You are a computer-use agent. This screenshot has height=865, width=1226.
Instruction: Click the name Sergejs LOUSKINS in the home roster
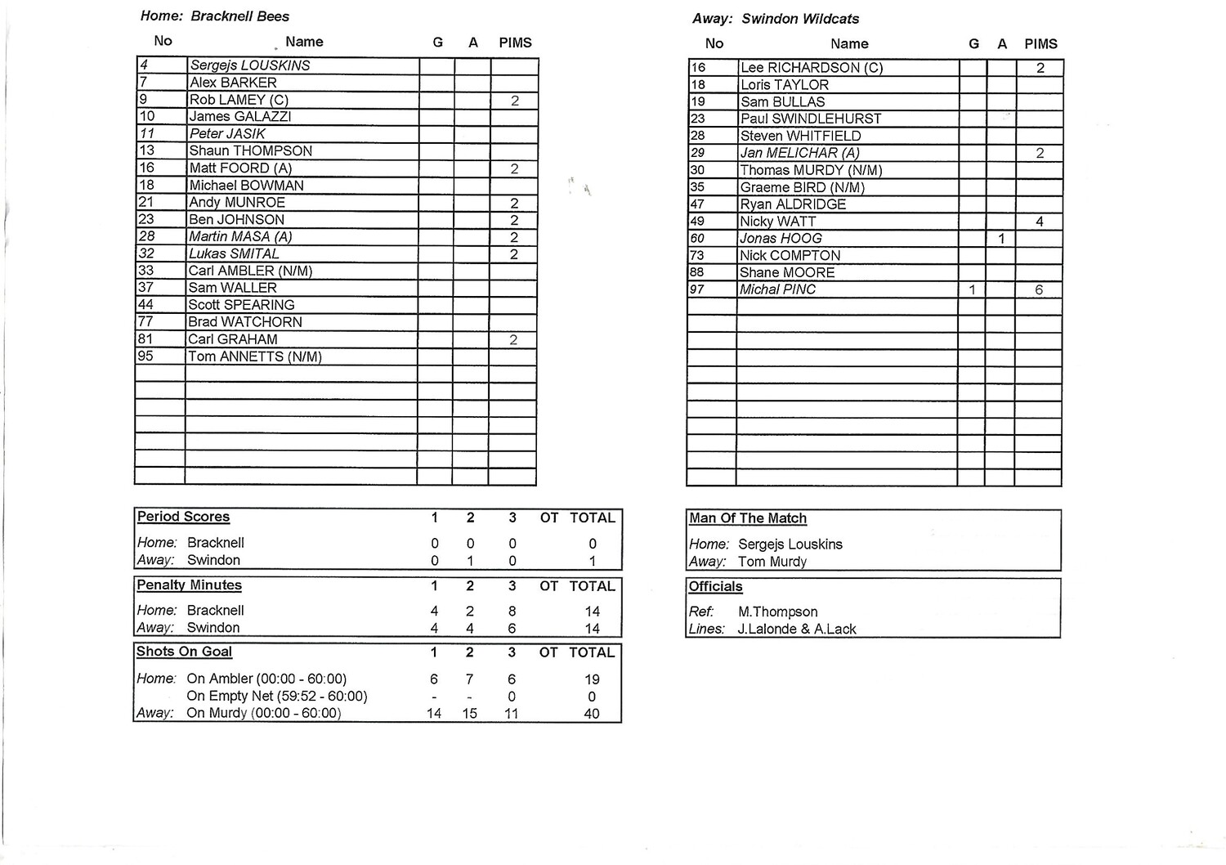(x=249, y=65)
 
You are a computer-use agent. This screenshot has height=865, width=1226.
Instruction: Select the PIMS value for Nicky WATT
(x=1039, y=222)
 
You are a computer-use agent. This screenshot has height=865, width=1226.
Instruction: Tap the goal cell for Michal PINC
(x=972, y=289)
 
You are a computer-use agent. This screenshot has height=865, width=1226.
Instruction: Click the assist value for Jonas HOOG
(x=1001, y=239)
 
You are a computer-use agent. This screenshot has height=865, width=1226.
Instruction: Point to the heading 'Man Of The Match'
(x=747, y=518)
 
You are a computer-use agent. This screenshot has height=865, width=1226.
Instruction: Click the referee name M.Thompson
(x=777, y=612)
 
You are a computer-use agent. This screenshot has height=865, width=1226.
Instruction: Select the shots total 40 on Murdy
(x=592, y=714)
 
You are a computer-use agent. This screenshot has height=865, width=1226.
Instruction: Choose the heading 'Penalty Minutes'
(x=189, y=585)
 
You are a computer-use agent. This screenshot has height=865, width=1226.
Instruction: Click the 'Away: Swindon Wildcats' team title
(x=776, y=19)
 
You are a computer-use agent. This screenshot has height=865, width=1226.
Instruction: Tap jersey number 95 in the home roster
(x=146, y=356)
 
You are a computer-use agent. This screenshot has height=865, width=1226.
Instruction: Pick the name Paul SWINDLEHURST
(x=799, y=119)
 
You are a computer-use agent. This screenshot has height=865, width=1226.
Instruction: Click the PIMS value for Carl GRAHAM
(x=513, y=340)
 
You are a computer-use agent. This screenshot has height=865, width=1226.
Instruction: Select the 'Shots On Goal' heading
(x=184, y=652)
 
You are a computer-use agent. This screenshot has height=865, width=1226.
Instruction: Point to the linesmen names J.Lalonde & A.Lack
(x=797, y=629)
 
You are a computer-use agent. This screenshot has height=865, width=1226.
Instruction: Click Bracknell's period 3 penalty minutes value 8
(x=512, y=611)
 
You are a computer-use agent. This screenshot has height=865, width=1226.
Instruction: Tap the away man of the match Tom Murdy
(x=772, y=562)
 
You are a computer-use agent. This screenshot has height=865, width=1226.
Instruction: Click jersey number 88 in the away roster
(x=698, y=272)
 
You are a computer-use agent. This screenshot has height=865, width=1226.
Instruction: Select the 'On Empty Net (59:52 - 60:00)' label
(x=276, y=696)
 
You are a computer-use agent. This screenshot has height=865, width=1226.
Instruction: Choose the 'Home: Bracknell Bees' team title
(x=215, y=16)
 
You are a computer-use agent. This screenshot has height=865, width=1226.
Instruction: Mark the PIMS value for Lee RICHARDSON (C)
(x=1040, y=68)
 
